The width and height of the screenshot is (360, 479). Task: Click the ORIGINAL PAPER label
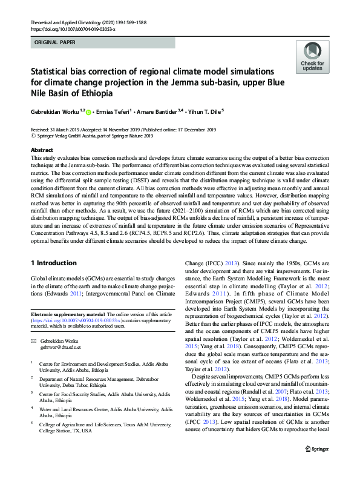(x=54, y=43)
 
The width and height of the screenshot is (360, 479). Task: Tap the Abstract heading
(x=42, y=150)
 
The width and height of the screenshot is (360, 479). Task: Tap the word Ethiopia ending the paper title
(x=95, y=94)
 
